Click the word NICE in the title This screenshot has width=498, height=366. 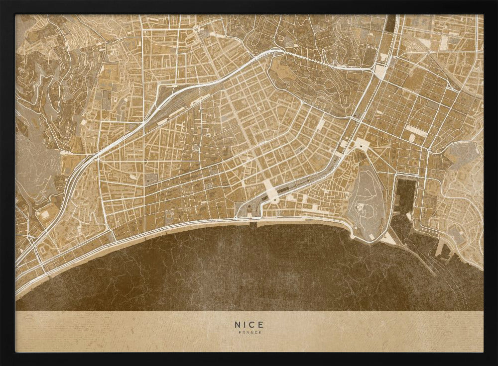tap(249, 324)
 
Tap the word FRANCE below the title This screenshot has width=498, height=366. tap(249, 332)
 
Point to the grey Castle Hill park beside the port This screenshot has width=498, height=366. tap(368, 199)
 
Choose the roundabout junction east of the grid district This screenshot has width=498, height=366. tap(429, 149)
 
